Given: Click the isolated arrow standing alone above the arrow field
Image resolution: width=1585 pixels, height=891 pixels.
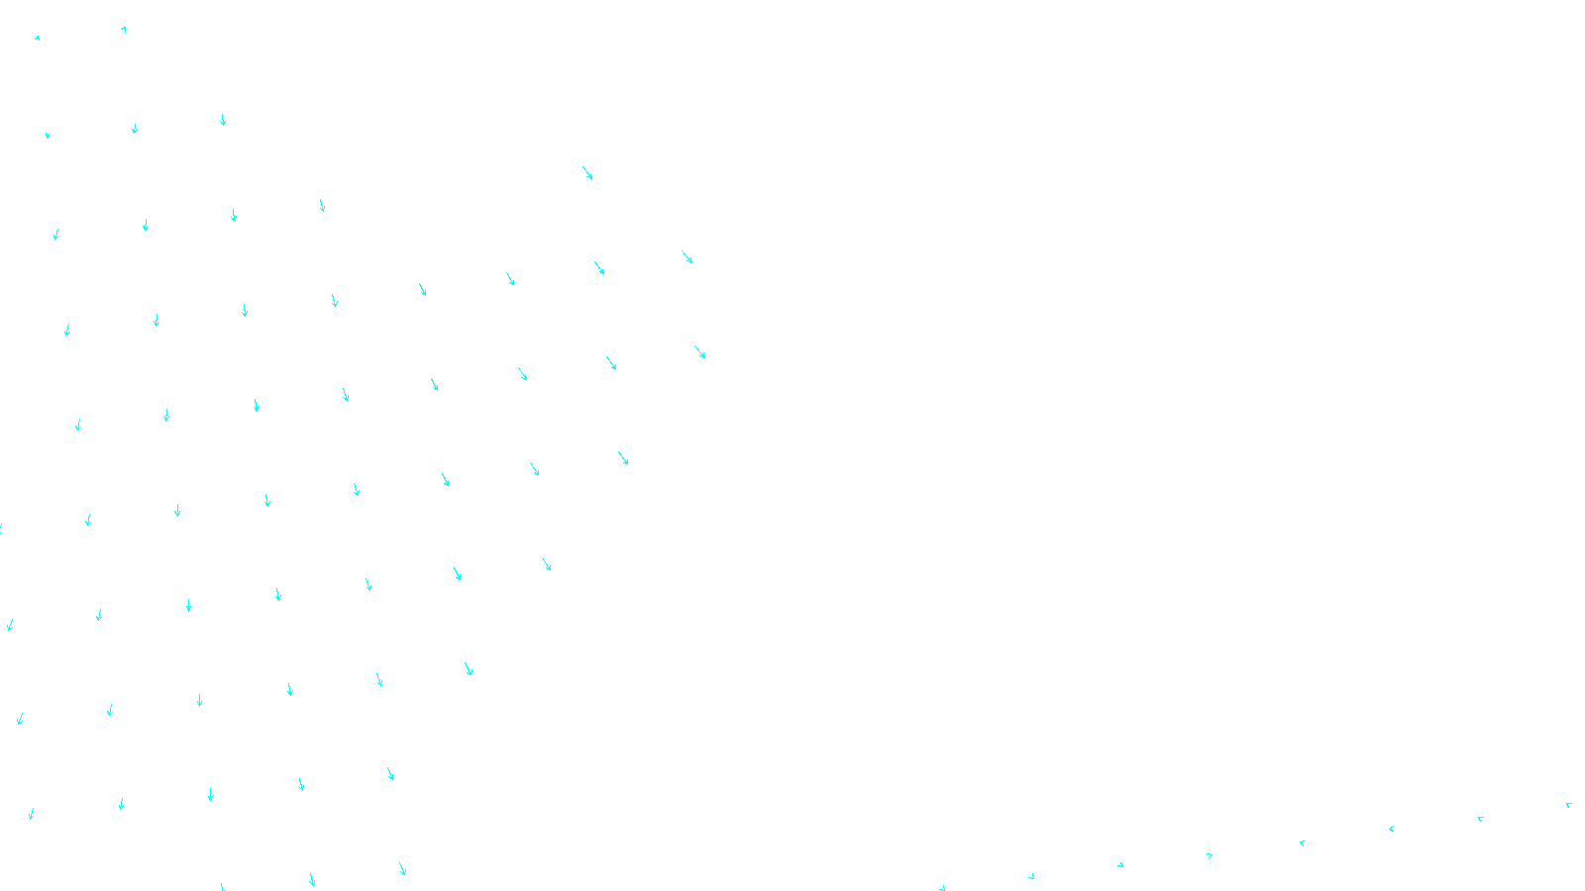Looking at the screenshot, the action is click(587, 173).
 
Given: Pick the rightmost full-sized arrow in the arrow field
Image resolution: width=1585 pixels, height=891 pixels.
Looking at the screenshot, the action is click(700, 352).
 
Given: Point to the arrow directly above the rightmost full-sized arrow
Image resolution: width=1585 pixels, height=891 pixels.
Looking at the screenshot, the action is click(687, 257).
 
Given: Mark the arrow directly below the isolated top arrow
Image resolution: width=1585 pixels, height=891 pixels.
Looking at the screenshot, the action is click(598, 267).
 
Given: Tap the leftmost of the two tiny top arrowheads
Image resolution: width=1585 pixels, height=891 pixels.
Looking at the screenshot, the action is click(38, 38).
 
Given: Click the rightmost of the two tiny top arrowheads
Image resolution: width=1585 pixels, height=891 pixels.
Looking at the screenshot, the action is click(124, 30).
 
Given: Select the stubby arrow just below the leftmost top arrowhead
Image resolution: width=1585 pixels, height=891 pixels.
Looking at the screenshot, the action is click(48, 135).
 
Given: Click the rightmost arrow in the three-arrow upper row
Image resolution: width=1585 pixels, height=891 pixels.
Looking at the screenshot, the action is click(223, 120).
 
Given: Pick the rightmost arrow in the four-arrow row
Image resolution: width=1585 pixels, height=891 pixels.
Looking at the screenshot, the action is click(322, 205).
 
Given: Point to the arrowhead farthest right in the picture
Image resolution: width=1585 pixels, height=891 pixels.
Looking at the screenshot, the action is click(1568, 805).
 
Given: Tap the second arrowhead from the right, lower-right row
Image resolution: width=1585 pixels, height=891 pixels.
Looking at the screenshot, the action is click(1480, 818).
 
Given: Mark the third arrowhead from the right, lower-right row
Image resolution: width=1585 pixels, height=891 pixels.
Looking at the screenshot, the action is click(1391, 829).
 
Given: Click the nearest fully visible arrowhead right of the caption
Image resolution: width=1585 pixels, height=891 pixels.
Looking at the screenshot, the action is click(1031, 876).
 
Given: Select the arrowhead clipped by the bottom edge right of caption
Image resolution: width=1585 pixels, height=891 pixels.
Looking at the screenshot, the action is click(942, 887).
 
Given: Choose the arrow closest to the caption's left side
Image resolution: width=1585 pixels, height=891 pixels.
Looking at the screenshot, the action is click(402, 868).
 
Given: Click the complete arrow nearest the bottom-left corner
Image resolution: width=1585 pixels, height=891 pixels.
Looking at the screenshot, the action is click(31, 814).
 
